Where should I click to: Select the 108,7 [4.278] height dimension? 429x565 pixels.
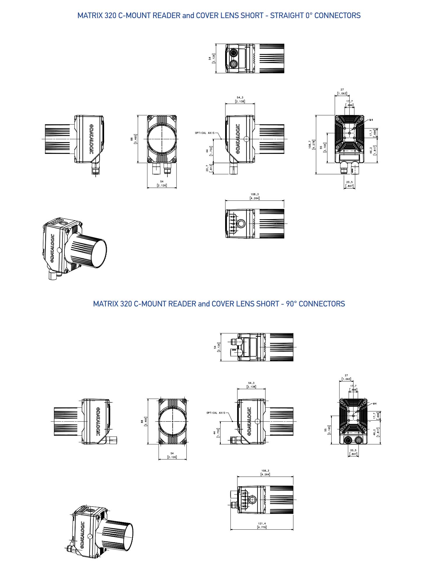[312, 144]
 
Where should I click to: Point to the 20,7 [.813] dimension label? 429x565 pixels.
[209, 168]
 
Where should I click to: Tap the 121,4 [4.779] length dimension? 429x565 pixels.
[262, 525]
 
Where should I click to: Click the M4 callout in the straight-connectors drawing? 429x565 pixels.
[371, 120]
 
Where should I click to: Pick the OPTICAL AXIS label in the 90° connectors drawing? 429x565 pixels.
[216, 413]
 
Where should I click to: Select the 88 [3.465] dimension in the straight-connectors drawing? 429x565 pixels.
[134, 139]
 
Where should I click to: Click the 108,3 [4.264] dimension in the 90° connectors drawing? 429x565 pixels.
[265, 472]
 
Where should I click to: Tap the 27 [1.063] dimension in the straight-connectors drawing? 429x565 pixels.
[342, 92]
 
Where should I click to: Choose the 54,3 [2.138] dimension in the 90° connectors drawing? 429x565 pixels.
[251, 385]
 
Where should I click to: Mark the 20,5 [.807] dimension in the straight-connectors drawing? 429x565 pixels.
[349, 184]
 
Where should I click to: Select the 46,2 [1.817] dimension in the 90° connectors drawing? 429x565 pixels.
[376, 432]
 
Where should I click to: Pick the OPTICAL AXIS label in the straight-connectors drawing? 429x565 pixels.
[204, 133]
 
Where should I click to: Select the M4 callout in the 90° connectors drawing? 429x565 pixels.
[374, 404]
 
